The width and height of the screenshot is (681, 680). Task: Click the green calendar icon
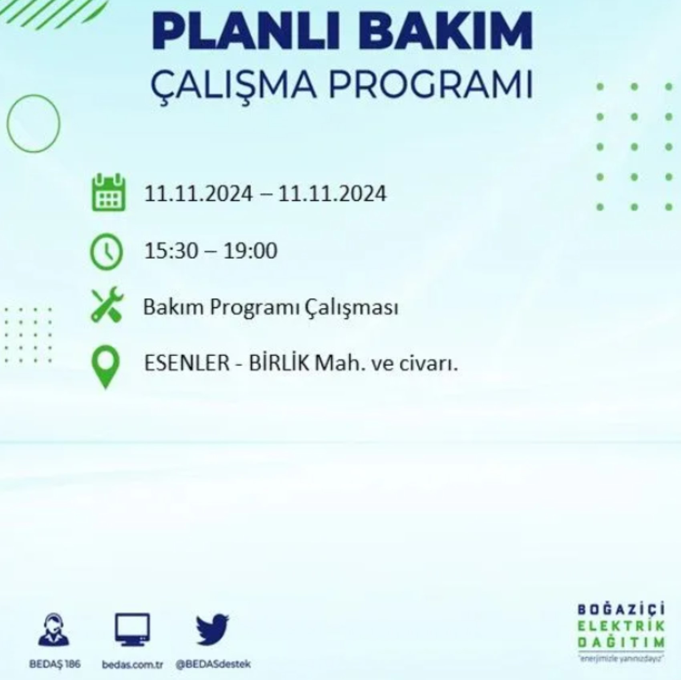tap(109, 192)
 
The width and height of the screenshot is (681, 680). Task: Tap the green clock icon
tap(106, 252)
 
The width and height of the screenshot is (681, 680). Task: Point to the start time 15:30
tap(171, 251)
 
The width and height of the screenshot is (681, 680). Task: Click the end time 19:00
tap(250, 251)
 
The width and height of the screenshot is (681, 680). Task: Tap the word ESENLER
tap(187, 363)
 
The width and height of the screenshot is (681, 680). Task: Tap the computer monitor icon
tap(132, 629)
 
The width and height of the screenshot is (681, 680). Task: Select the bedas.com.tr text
tap(132, 664)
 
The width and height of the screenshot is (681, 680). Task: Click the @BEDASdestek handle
tap(213, 664)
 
